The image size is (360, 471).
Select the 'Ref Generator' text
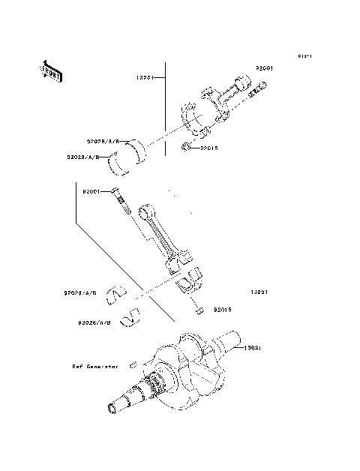(95, 367)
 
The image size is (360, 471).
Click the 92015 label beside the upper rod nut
(208, 148)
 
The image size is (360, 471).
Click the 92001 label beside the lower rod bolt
(92, 191)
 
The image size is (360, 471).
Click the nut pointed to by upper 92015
(185, 146)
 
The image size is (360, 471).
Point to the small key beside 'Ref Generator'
(131, 365)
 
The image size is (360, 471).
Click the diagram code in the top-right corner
(304, 56)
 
